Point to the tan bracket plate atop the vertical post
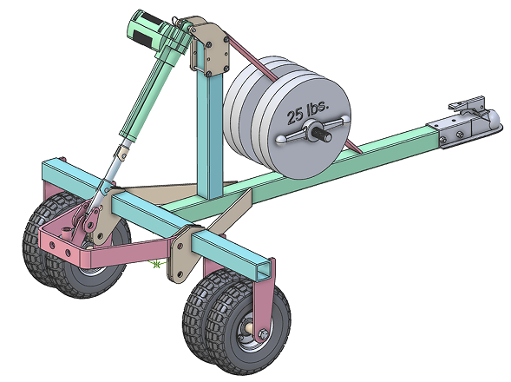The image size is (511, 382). pos(208,49)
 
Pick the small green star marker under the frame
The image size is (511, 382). pos(157,264)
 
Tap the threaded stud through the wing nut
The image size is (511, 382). pos(329,132)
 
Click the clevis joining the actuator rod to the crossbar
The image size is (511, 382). pos(103,187)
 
